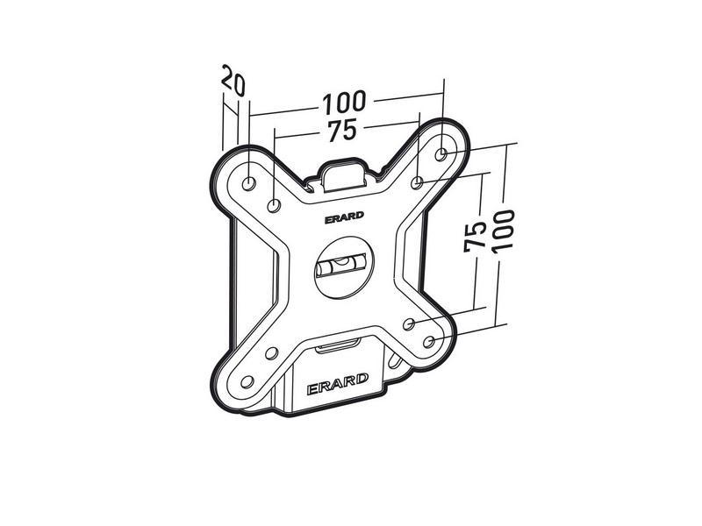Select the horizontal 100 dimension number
pos(345,103)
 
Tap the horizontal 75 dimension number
pos(342,131)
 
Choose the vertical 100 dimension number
pos(503,231)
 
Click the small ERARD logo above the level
pos(344,221)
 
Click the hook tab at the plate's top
pos(343,172)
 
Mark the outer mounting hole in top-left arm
pos(248,182)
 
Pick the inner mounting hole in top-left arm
pos(274,206)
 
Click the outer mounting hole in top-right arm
pos(442,153)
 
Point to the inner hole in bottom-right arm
pos(408,323)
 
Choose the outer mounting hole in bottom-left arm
pos(247,381)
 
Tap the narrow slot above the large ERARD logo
pos(337,346)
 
